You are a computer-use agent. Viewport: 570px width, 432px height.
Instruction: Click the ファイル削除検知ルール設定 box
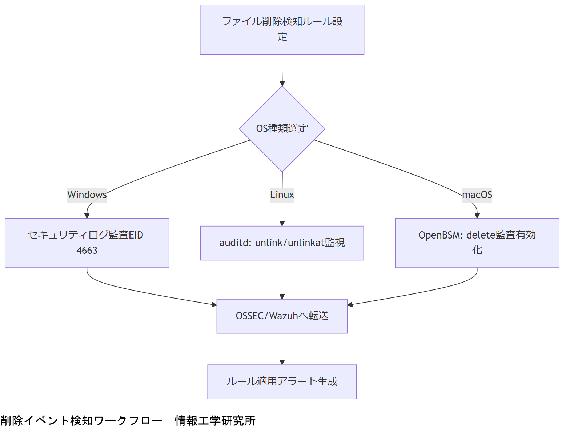click(282, 29)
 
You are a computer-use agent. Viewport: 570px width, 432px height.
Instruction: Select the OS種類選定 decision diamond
click(282, 129)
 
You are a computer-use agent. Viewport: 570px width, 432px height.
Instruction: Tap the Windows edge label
click(87, 195)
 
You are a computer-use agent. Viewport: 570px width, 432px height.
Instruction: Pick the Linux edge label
click(282, 195)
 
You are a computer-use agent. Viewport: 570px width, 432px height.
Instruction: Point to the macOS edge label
click(477, 195)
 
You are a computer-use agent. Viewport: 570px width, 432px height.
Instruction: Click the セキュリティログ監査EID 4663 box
click(87, 243)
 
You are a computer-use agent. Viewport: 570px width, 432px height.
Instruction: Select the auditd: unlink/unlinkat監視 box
click(282, 243)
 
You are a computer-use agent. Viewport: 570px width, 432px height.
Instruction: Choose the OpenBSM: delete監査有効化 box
click(477, 243)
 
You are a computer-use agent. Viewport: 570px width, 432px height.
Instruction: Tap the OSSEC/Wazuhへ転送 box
click(282, 316)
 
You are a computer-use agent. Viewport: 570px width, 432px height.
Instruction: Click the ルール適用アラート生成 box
click(282, 382)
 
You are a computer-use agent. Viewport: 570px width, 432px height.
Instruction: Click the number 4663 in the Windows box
click(87, 251)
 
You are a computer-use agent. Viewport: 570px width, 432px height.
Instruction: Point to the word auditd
click(235, 243)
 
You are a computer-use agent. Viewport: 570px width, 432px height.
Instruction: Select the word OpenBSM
click(440, 235)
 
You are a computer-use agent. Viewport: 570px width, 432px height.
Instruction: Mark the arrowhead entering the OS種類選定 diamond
click(282, 83)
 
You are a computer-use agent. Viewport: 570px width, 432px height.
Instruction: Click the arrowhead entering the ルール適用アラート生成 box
click(282, 362)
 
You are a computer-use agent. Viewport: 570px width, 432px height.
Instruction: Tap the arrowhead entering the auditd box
click(282, 223)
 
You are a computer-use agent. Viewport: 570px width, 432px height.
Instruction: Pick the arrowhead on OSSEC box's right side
click(350, 304)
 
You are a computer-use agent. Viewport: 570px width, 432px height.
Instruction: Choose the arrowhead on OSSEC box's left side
click(214, 304)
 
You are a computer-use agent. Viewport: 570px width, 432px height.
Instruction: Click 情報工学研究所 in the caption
click(215, 421)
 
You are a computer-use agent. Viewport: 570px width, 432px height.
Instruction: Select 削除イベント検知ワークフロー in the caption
click(81, 421)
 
